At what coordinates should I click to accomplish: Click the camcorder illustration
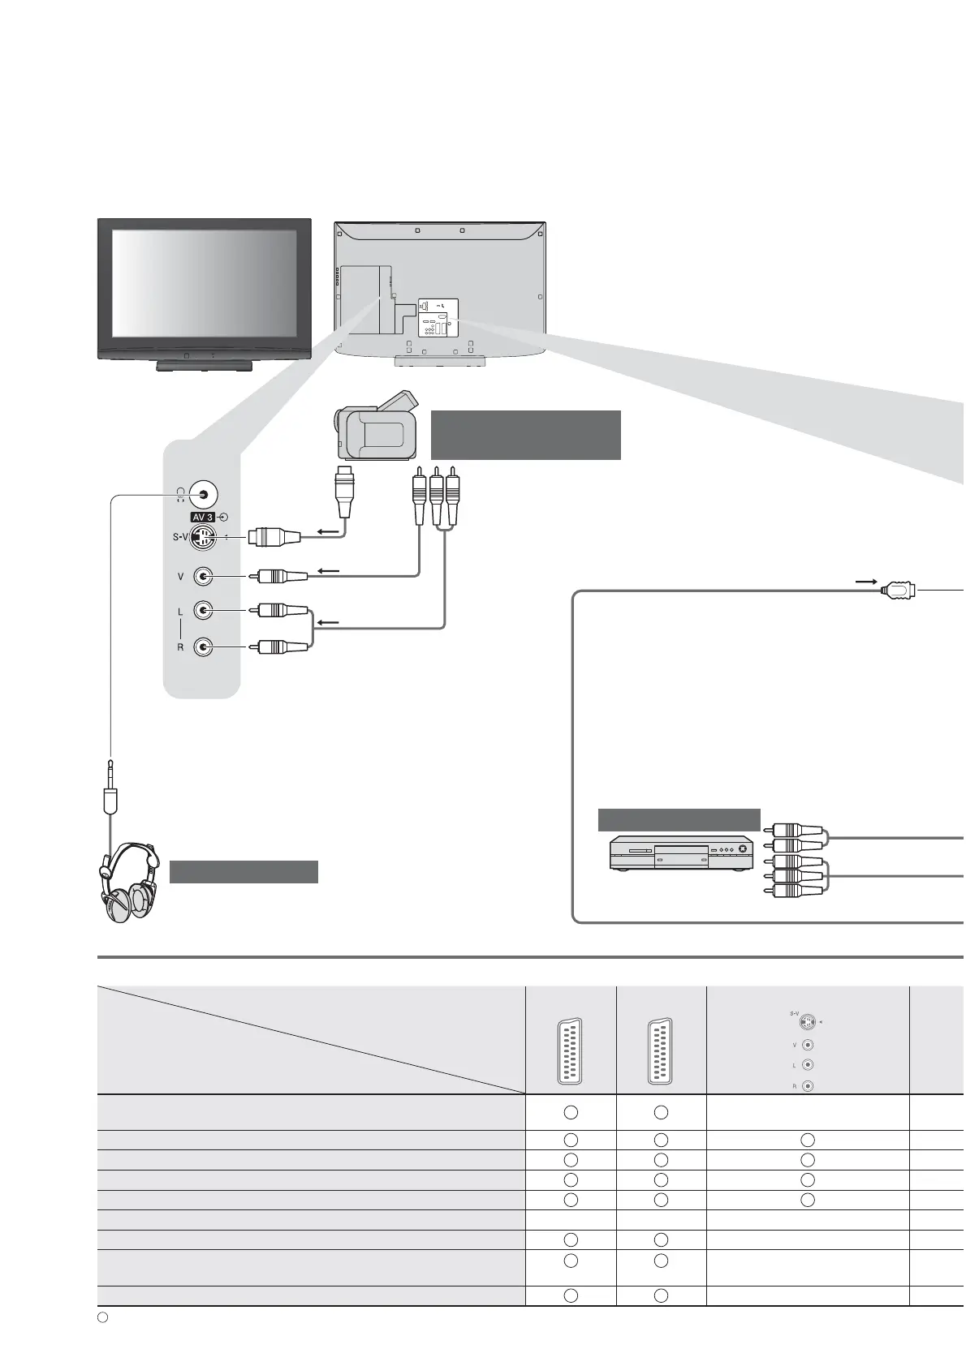(x=376, y=425)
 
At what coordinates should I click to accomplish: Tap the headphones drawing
(x=129, y=881)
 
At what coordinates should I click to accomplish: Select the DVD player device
(x=681, y=853)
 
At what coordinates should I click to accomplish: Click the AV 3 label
(x=203, y=518)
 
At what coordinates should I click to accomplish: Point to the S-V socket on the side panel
(x=203, y=537)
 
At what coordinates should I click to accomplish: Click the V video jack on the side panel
(x=203, y=576)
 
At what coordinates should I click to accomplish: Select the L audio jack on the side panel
(x=203, y=611)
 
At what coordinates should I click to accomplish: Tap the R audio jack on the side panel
(x=203, y=646)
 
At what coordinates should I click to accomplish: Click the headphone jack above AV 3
(x=203, y=495)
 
